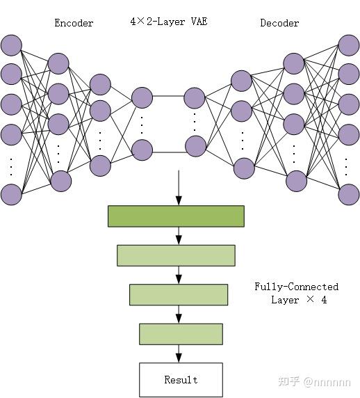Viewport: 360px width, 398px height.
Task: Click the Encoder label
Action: point(74,23)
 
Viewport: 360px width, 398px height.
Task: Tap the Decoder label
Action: point(279,23)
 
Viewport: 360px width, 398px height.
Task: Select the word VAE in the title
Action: point(199,22)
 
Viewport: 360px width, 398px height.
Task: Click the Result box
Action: point(181,380)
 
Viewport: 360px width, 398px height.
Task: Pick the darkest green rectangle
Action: point(177,216)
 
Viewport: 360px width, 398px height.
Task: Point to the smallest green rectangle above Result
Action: point(181,334)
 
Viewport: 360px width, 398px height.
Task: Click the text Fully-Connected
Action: point(296,287)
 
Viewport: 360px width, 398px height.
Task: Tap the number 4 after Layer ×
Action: point(324,300)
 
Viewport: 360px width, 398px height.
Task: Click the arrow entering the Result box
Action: point(179,353)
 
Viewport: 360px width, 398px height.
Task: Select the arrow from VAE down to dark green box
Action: point(179,188)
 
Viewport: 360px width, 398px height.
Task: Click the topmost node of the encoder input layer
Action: point(11,45)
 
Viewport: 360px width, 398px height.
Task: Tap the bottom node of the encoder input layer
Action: point(11,194)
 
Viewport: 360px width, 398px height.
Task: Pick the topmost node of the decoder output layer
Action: point(349,45)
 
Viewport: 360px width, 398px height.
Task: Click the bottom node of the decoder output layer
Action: point(349,194)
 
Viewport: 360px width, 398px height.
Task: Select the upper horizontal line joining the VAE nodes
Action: point(168,96)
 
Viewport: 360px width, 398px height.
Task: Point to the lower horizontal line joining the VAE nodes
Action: point(169,152)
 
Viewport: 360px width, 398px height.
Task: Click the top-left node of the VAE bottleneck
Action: point(142,97)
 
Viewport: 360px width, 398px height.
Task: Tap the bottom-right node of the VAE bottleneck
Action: point(195,146)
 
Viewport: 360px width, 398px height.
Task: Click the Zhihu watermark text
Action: point(314,382)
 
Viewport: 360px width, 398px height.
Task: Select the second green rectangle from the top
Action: point(177,255)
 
